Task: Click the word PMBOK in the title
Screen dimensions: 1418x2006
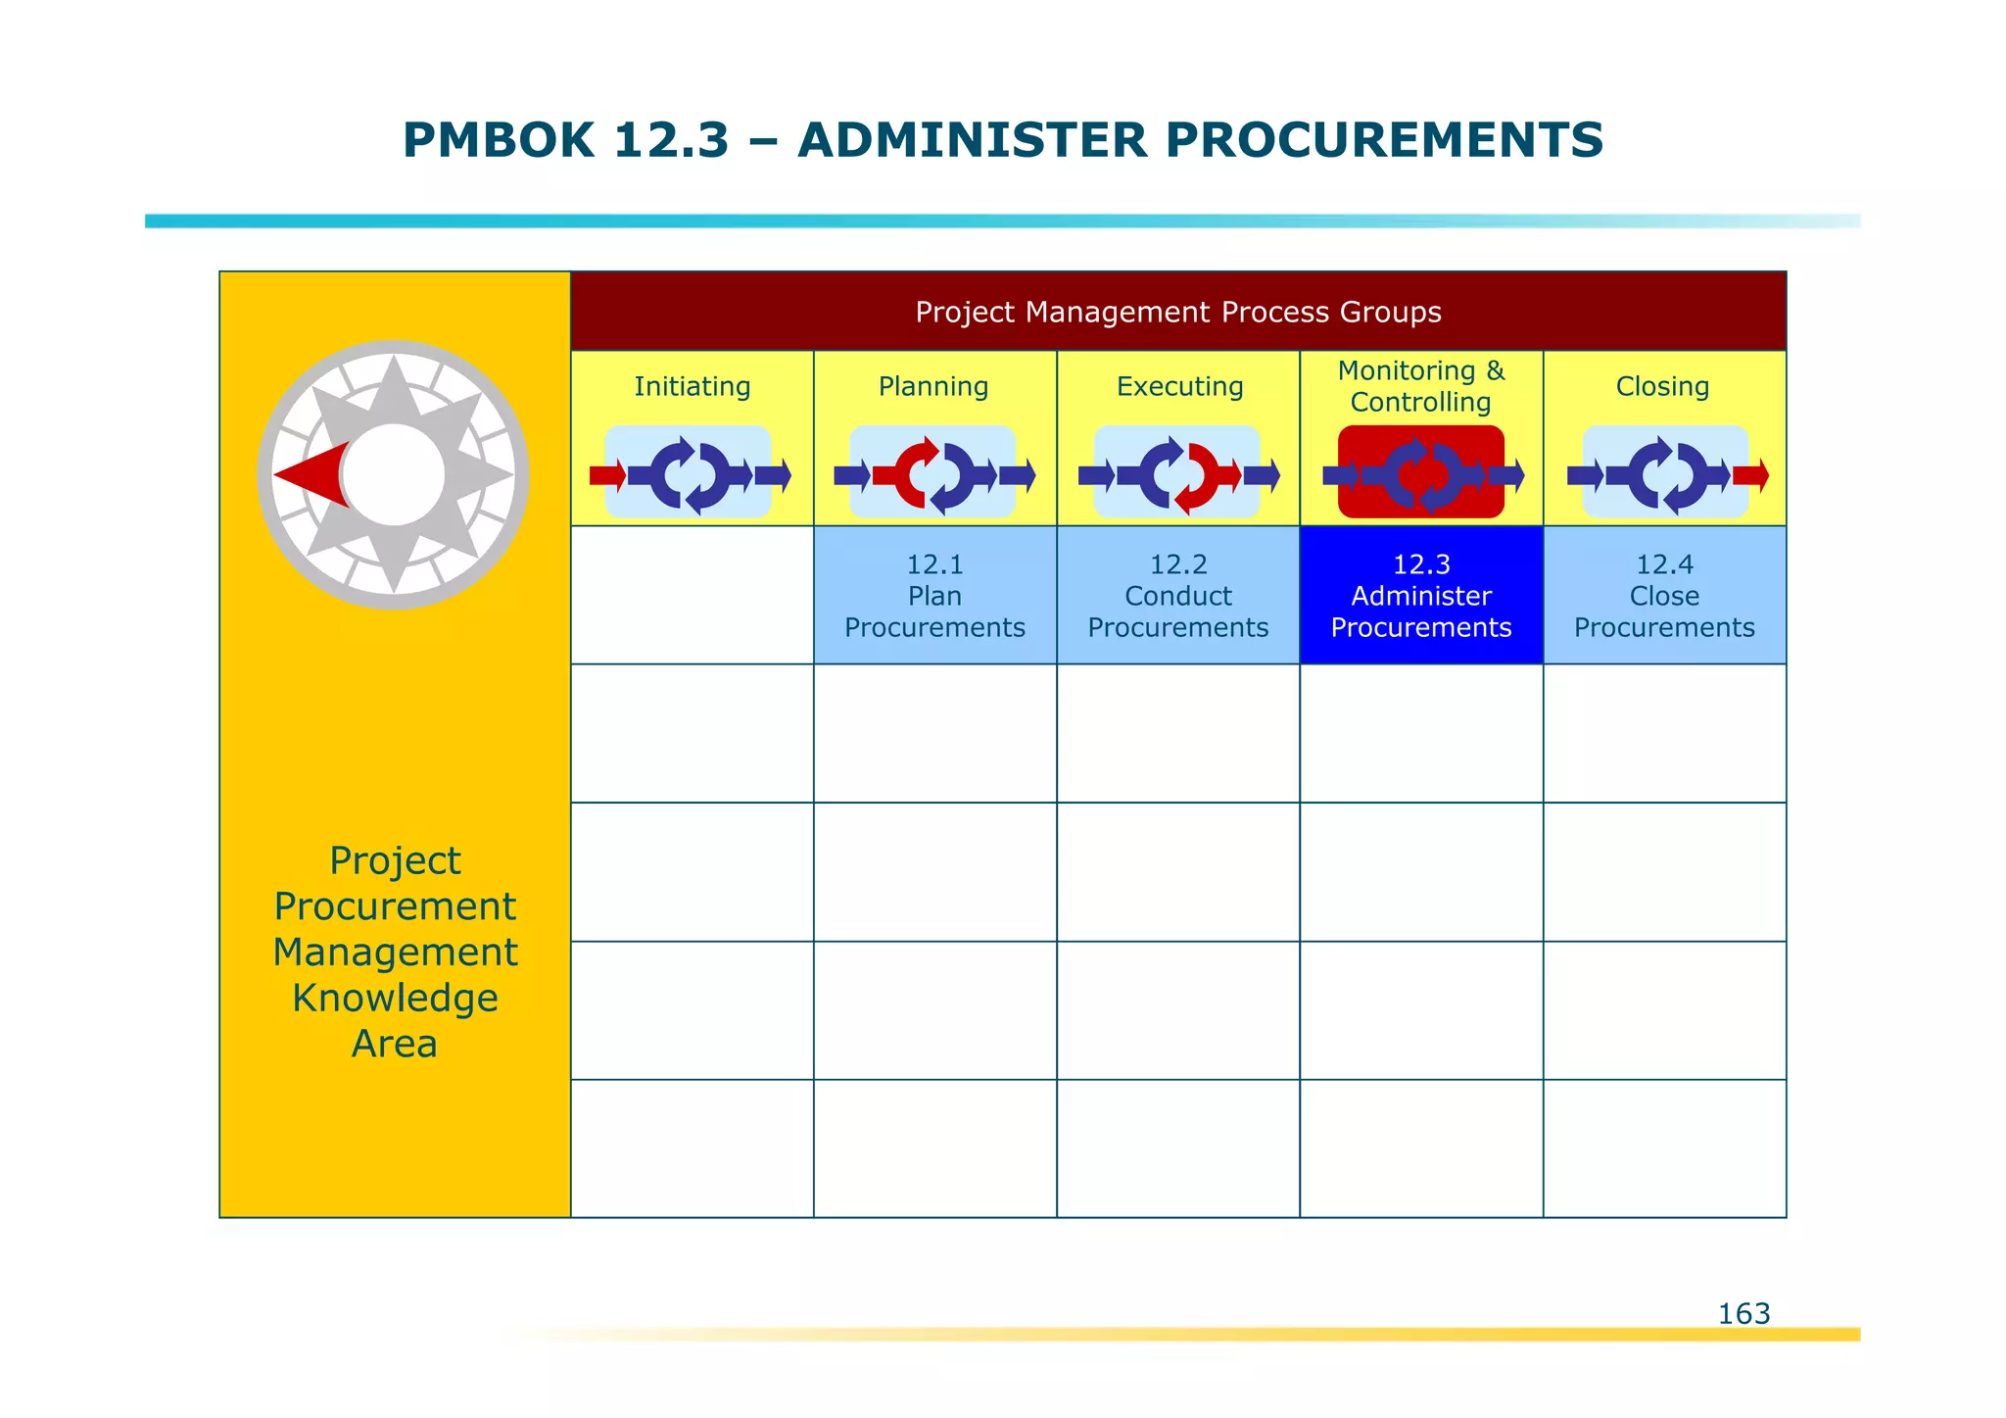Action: coord(498,140)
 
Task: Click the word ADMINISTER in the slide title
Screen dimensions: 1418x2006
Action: coord(972,140)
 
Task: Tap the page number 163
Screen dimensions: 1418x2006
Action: coord(1743,1313)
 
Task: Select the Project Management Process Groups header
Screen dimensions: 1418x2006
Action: coord(1177,312)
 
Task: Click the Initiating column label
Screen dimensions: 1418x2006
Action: coord(692,386)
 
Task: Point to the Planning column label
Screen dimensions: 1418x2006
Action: coord(933,386)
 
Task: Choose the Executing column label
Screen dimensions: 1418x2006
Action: coord(1179,386)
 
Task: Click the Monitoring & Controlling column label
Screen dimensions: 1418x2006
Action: coord(1420,386)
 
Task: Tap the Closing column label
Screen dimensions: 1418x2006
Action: coord(1662,386)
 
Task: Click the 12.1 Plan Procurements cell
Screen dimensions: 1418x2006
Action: coord(934,596)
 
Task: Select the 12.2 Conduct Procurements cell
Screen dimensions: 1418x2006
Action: coord(1177,596)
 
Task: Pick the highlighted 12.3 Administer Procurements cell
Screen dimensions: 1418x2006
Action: coord(1420,596)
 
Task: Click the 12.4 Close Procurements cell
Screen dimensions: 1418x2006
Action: coord(1664,596)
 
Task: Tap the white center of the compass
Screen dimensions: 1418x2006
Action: coord(393,474)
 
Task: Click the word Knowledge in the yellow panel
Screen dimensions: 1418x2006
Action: coord(395,998)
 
